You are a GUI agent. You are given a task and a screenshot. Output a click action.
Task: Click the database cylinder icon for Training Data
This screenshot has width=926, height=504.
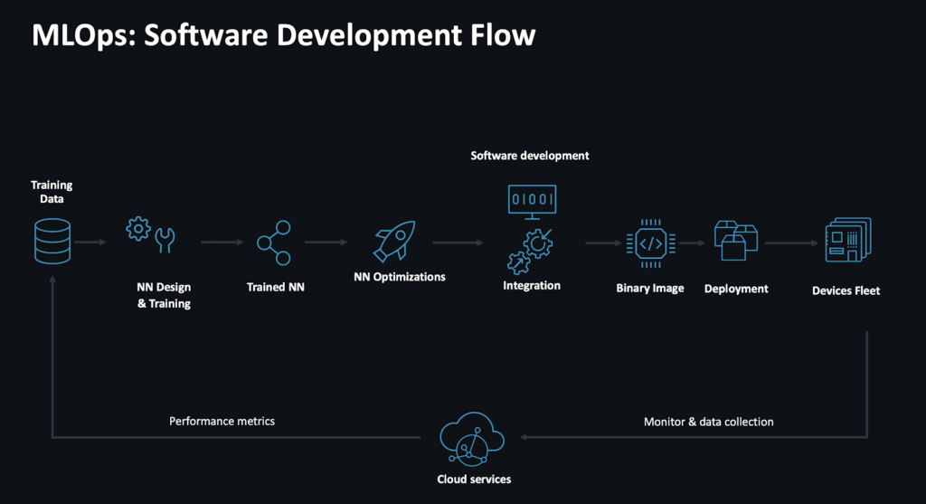(52, 241)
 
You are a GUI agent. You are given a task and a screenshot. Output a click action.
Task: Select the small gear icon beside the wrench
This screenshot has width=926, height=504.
(138, 228)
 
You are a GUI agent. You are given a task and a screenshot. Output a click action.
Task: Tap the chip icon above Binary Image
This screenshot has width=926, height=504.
(649, 242)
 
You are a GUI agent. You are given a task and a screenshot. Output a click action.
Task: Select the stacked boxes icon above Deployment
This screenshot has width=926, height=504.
(735, 240)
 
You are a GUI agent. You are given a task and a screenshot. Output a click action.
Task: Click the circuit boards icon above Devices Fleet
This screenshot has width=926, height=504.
(846, 241)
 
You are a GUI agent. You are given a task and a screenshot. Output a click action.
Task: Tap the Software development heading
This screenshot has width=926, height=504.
(529, 156)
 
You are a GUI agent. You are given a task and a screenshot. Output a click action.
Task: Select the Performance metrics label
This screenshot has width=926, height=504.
(222, 421)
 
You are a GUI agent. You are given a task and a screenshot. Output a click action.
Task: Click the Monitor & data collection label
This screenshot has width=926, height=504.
(708, 422)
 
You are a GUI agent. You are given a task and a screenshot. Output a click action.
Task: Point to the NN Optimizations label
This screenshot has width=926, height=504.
(399, 277)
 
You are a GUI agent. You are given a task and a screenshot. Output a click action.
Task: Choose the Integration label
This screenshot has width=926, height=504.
(531, 286)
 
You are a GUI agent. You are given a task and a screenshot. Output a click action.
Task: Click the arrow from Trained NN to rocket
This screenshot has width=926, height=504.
(326, 242)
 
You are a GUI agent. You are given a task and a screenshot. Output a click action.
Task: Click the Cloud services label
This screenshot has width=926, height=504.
(473, 479)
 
